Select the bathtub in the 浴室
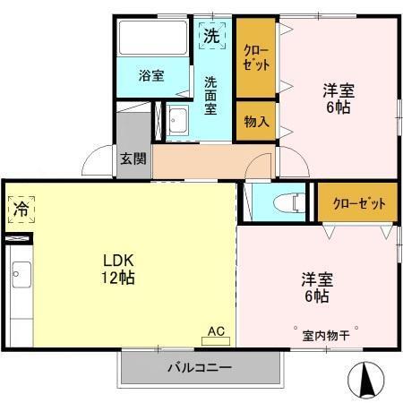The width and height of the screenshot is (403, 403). tap(153, 39)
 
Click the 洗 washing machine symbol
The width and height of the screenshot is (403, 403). tap(211, 37)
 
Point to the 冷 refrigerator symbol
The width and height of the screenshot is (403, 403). tap(21, 209)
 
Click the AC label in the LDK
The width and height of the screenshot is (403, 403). tap(216, 330)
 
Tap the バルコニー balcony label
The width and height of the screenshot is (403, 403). tap(199, 368)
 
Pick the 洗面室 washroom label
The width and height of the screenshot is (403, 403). tap(210, 94)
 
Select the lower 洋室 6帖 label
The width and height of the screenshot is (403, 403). tap(314, 286)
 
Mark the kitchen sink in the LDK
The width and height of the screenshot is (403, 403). tap(21, 274)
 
